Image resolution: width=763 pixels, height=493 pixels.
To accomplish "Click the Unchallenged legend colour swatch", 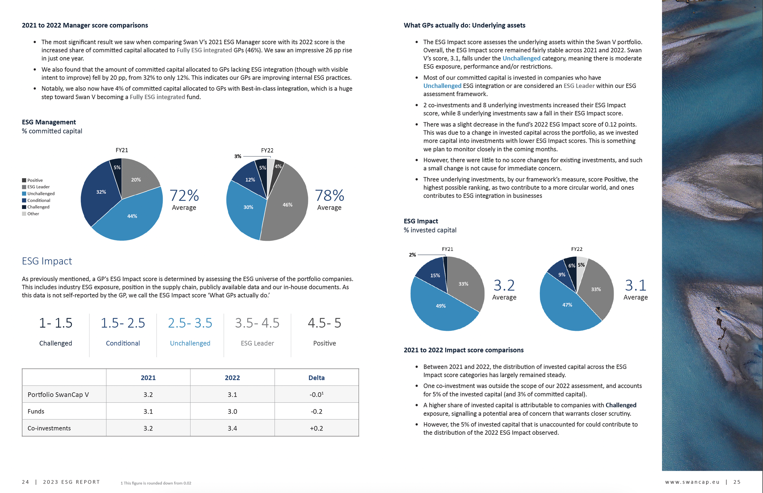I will (x=24, y=194).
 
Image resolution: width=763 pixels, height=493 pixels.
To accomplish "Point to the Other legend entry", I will (x=33, y=214).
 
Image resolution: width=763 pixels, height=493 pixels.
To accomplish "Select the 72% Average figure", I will (x=184, y=196).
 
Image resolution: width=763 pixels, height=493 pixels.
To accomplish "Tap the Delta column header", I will (x=316, y=378).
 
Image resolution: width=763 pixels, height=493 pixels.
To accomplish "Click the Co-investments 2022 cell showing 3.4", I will (x=232, y=428).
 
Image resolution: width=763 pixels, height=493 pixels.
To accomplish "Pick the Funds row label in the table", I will (x=36, y=411).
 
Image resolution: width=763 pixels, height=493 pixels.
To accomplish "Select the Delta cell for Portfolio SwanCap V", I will (x=316, y=395).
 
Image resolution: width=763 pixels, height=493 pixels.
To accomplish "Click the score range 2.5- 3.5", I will (x=190, y=323).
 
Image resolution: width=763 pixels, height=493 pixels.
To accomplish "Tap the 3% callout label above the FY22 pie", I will (x=237, y=156).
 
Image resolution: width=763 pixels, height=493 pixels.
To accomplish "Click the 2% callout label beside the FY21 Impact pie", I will (x=412, y=255).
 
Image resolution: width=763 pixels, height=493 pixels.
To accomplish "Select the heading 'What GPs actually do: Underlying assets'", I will (x=464, y=25).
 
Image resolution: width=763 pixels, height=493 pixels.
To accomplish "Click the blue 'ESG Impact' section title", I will (x=47, y=261).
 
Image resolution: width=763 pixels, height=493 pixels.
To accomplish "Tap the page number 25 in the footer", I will (x=737, y=482).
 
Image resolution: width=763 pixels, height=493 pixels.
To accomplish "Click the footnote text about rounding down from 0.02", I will (x=156, y=483).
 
